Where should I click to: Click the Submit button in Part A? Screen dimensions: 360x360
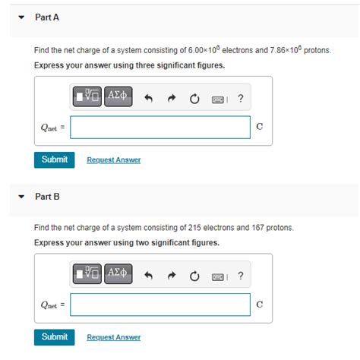tap(54, 159)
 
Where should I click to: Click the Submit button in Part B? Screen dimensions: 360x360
tap(54, 336)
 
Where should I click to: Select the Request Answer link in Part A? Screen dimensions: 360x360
tap(113, 160)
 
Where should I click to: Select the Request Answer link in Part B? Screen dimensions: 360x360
tap(113, 337)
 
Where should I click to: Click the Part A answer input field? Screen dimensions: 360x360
tap(159, 127)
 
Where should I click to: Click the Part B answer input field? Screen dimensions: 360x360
tap(159, 305)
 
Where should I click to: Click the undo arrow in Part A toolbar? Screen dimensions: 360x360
tap(150, 98)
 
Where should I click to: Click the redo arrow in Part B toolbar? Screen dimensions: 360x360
tap(172, 276)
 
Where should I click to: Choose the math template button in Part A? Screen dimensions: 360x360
tap(87, 98)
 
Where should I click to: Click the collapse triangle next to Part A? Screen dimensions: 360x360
tap(22, 17)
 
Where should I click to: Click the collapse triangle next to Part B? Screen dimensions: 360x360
tap(22, 197)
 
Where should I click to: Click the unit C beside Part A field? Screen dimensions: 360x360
tap(260, 127)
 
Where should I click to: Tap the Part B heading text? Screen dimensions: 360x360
tap(47, 197)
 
